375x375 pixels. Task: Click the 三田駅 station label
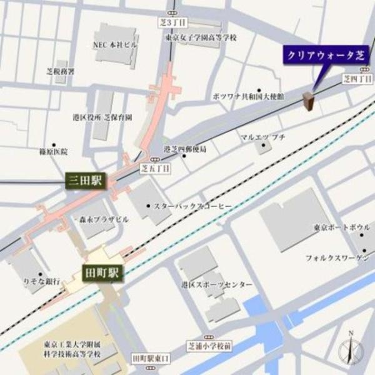point(87,182)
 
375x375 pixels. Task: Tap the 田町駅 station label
point(104,272)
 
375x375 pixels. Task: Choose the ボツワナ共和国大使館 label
point(248,97)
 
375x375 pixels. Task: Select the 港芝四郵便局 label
point(185,149)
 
